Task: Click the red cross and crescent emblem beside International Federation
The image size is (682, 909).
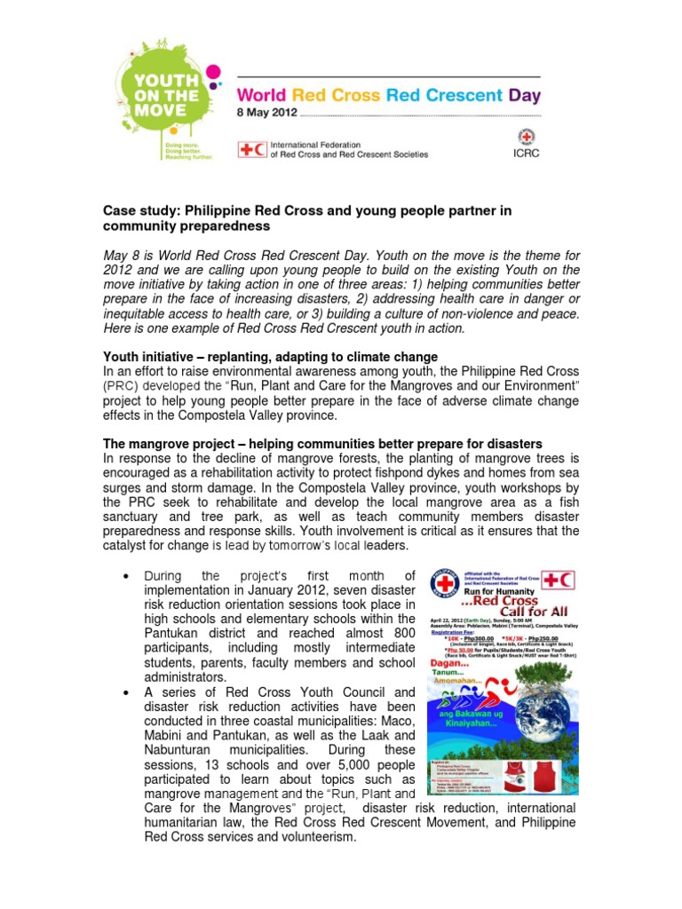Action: (x=251, y=149)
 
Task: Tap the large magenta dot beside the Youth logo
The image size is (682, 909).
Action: (x=213, y=74)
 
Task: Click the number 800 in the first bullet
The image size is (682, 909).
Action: (x=402, y=634)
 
